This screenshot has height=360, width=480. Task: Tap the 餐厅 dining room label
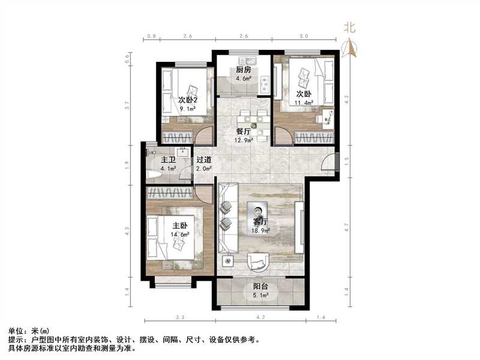click(243, 132)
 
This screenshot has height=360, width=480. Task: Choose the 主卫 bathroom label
click(167, 160)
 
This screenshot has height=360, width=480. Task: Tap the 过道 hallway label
click(203, 160)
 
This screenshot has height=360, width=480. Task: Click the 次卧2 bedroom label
click(188, 100)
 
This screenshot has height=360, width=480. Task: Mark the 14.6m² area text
click(180, 235)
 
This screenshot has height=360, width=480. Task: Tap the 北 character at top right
click(349, 27)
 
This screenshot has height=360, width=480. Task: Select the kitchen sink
click(247, 61)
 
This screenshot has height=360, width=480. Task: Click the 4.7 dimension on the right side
click(347, 227)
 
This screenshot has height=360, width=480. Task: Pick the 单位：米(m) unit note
click(29, 331)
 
